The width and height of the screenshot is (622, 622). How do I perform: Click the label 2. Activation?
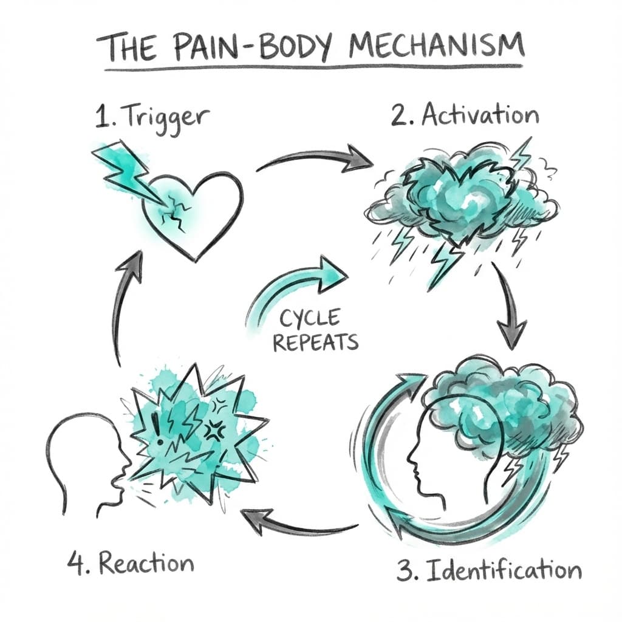(x=465, y=115)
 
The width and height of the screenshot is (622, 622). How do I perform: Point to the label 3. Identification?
(x=489, y=570)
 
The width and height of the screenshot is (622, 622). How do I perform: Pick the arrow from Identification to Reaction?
(x=298, y=524)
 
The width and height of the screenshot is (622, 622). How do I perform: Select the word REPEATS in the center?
(x=315, y=341)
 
